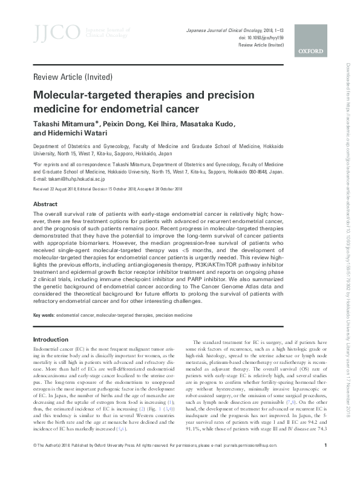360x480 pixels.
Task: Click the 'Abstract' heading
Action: (x=45, y=204)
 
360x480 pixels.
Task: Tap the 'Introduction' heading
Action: (x=51, y=339)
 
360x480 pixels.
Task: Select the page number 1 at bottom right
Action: (x=326, y=463)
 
